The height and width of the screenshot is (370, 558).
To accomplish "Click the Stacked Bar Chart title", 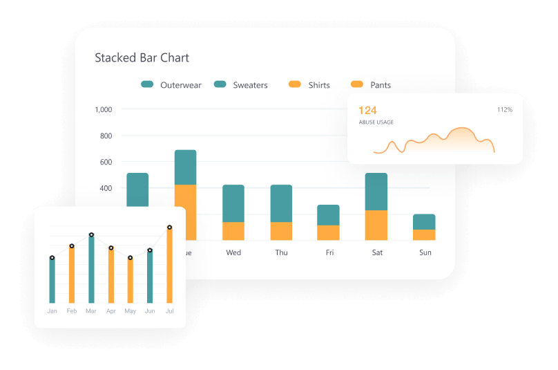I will click(142, 58).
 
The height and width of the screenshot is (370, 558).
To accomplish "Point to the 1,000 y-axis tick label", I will click(103, 109).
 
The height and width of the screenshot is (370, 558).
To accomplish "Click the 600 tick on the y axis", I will click(106, 162).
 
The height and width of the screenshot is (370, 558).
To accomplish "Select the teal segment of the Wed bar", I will click(233, 203).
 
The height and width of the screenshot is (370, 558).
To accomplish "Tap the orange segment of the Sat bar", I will click(376, 225).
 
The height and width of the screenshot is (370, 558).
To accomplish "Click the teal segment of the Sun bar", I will click(424, 221).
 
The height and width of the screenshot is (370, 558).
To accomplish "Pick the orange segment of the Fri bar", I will click(328, 233).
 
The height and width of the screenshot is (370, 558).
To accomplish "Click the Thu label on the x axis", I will click(281, 252).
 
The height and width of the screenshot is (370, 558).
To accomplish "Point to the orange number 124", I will click(367, 111).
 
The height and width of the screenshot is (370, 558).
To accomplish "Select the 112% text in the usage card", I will click(504, 110).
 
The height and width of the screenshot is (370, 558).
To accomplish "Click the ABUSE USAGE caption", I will click(376, 122).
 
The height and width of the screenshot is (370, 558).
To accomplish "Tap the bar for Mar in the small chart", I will click(91, 270).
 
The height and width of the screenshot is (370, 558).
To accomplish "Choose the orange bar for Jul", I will click(169, 266).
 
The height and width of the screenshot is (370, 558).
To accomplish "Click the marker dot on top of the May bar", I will click(130, 258).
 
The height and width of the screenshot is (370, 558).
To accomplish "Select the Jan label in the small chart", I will click(52, 311).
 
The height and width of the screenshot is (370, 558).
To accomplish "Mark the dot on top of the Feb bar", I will click(71, 246).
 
